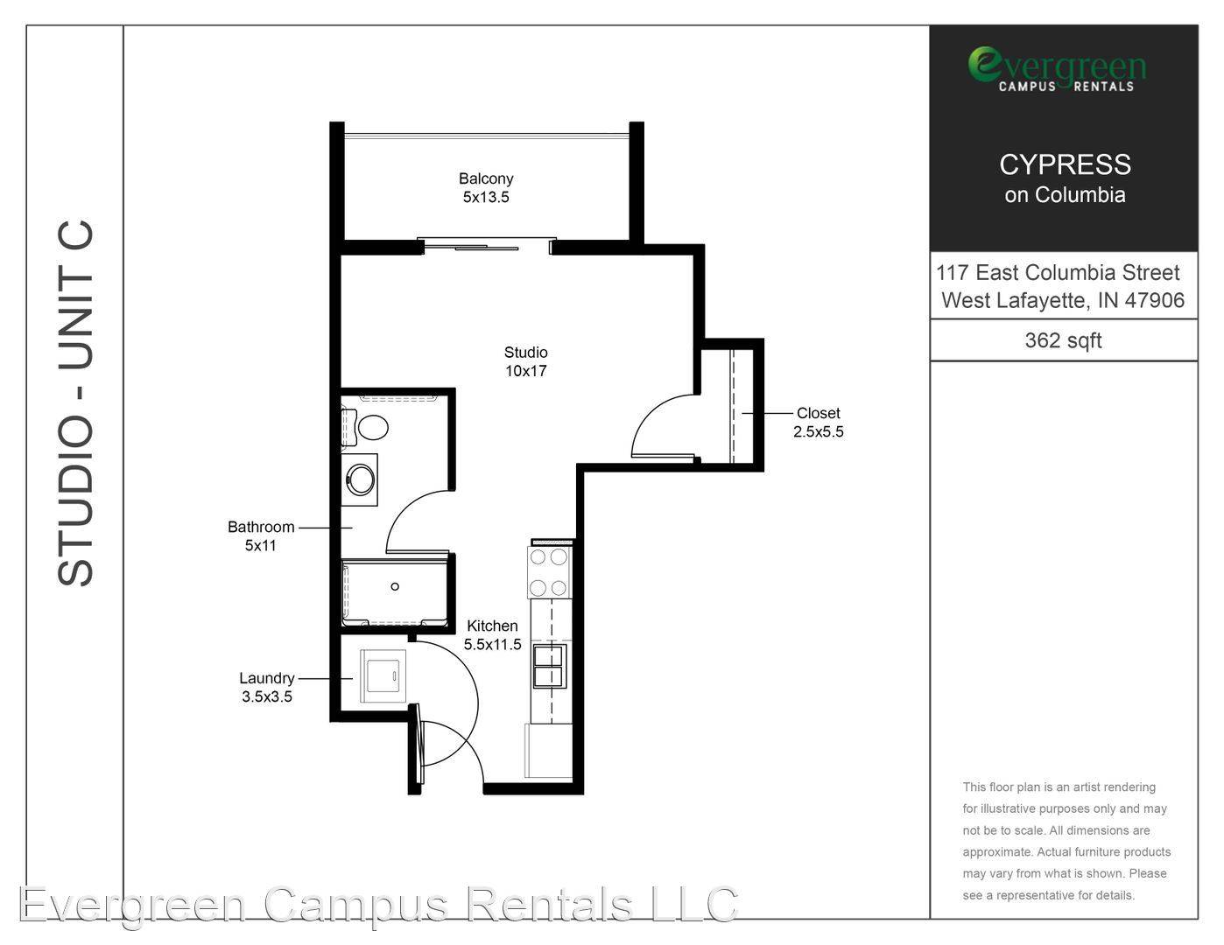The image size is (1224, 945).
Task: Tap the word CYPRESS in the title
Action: (x=1066, y=164)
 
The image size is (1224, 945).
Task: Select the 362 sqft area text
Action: (x=1063, y=340)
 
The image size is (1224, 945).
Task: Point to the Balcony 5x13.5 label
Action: (x=486, y=188)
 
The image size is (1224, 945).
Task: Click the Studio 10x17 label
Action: (x=525, y=361)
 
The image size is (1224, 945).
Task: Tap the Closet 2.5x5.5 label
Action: (x=819, y=422)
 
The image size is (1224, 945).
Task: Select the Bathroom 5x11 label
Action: (x=261, y=535)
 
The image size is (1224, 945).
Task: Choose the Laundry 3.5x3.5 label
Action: (x=267, y=687)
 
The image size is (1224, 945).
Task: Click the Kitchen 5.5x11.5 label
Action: (x=493, y=635)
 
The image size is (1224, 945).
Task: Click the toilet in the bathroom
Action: (x=366, y=427)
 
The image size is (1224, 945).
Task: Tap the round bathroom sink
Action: (x=360, y=479)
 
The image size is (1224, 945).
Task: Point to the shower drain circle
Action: (x=395, y=586)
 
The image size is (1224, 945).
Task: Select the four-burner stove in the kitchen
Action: (x=549, y=572)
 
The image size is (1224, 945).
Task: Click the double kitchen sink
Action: (x=549, y=667)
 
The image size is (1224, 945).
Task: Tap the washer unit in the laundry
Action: (x=383, y=675)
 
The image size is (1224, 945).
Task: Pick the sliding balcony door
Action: (x=487, y=246)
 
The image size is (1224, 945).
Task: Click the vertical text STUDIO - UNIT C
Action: (x=75, y=403)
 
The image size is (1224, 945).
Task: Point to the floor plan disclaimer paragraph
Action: (x=1066, y=842)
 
